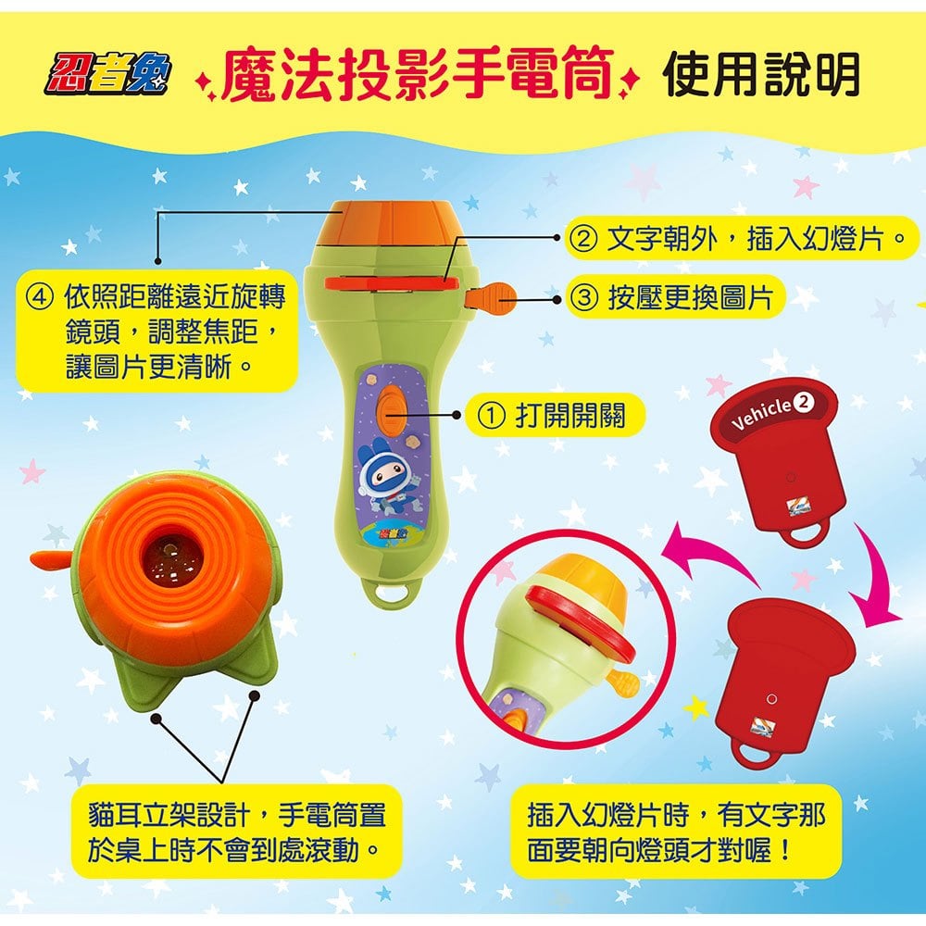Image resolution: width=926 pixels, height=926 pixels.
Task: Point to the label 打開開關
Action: click(x=569, y=415)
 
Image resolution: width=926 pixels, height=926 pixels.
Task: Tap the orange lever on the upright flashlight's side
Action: click(x=495, y=295)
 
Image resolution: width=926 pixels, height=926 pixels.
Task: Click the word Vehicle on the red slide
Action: click(x=762, y=414)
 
